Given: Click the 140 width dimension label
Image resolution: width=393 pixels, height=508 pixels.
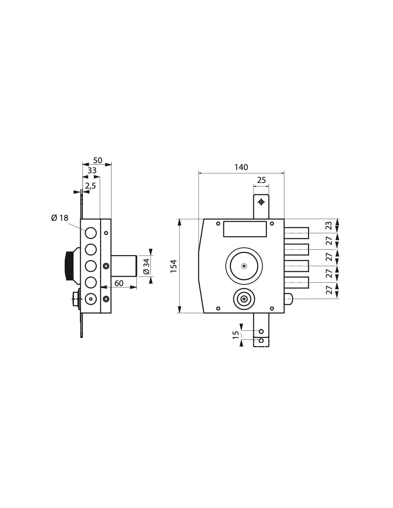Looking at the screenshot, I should pyautogui.click(x=241, y=167).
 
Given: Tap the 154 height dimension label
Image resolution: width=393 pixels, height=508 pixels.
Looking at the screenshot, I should pyautogui.click(x=174, y=266).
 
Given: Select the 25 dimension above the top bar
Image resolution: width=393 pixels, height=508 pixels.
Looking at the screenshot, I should pyautogui.click(x=262, y=180).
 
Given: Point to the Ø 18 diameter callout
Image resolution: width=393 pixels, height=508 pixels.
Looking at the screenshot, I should pyautogui.click(x=60, y=218).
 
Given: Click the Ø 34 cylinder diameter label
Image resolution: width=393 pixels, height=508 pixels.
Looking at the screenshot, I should pyautogui.click(x=145, y=266).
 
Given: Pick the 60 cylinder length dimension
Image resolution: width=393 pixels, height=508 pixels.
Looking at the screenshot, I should pyautogui.click(x=119, y=283).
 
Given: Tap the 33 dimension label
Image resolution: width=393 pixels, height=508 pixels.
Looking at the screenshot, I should pyautogui.click(x=92, y=170).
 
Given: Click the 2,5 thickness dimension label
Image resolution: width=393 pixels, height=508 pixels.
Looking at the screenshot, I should pyautogui.click(x=90, y=185).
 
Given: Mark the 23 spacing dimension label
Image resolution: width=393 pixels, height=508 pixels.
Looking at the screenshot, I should pyautogui.click(x=329, y=225).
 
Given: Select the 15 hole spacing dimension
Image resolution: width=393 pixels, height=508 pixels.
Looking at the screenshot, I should pyautogui.click(x=235, y=335).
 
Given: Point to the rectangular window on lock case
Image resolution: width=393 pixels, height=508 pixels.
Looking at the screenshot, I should pyautogui.click(x=245, y=229).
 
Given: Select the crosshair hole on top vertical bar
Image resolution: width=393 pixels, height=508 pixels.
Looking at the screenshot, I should pyautogui.click(x=261, y=202).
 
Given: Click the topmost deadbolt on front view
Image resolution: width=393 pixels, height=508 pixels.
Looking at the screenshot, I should pyautogui.click(x=297, y=233).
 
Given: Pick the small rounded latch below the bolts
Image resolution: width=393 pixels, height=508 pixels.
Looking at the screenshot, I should pyautogui.click(x=289, y=299).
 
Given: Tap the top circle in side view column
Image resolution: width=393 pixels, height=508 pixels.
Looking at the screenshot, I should pyautogui.click(x=91, y=233).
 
